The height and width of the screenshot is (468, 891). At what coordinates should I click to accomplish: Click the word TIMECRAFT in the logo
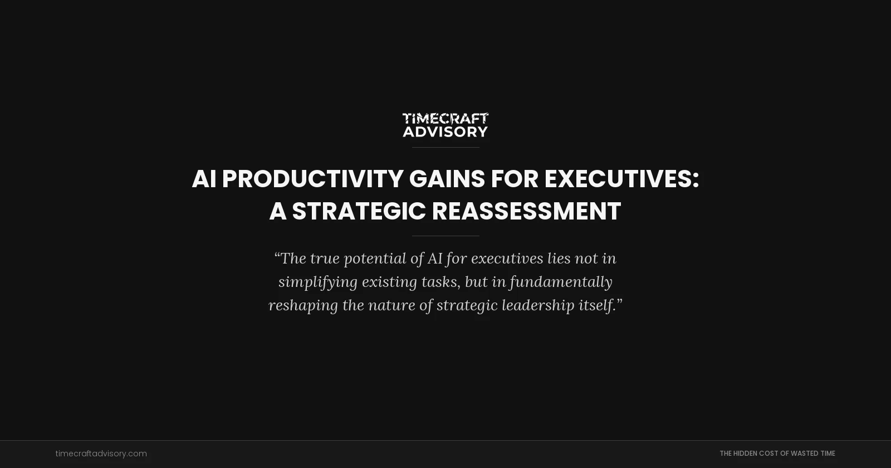click(445, 119)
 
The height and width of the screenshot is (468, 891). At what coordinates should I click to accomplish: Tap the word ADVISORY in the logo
click(445, 131)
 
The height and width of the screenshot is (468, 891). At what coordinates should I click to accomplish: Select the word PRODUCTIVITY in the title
click(312, 179)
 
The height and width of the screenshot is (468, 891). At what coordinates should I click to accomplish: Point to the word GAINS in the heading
click(447, 179)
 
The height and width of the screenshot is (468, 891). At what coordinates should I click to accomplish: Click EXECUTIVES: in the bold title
click(621, 179)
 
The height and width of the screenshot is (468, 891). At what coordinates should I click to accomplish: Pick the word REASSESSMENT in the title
click(526, 212)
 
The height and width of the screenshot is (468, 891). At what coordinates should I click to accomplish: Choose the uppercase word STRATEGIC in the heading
click(359, 212)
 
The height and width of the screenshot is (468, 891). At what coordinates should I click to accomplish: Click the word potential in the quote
click(375, 259)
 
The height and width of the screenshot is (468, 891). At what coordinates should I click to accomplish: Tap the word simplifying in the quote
click(318, 282)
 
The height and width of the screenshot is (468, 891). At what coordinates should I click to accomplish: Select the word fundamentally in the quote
click(561, 282)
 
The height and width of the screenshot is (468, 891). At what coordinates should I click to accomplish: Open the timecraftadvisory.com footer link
click(101, 454)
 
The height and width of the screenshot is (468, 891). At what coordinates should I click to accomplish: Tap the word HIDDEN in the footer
click(745, 454)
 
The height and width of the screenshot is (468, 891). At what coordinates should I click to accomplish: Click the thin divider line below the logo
click(445, 147)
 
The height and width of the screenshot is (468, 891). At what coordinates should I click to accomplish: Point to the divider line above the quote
click(445, 236)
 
